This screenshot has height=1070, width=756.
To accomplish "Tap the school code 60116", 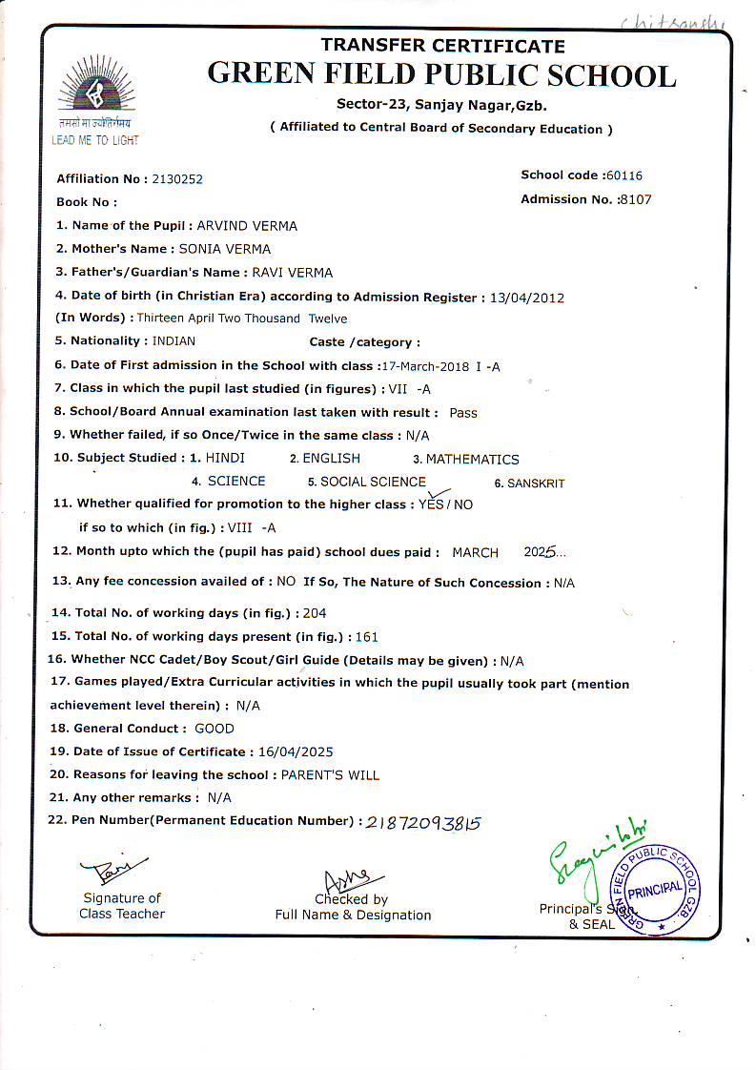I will pyautogui.click(x=623, y=175).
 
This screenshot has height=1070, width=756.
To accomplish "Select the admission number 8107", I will pyautogui.click(x=635, y=199).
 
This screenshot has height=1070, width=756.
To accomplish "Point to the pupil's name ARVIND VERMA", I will pyautogui.click(x=247, y=226).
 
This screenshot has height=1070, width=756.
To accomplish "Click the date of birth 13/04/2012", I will pyautogui.click(x=526, y=298).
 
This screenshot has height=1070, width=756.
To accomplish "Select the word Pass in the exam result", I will pyautogui.click(x=463, y=413).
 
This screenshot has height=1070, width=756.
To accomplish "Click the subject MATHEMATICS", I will pyautogui.click(x=472, y=460).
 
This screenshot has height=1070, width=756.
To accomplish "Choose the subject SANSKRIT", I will pyautogui.click(x=536, y=484).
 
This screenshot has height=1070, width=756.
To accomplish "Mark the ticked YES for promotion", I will pyautogui.click(x=431, y=504).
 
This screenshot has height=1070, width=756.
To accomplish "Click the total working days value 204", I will pyautogui.click(x=314, y=613).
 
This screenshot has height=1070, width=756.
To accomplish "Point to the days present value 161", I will pyautogui.click(x=366, y=636).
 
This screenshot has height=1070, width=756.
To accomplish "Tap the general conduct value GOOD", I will pyautogui.click(x=214, y=729).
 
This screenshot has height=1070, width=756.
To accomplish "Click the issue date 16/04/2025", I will pyautogui.click(x=296, y=751).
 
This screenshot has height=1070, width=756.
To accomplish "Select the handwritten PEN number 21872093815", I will pyautogui.click(x=423, y=822).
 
